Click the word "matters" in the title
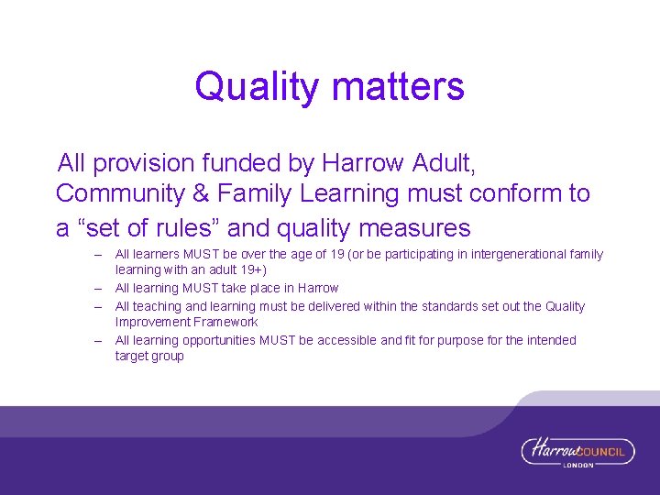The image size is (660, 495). pyautogui.click(x=399, y=87)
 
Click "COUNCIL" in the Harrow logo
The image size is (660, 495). pyautogui.click(x=604, y=450)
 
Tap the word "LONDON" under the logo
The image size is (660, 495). pyautogui.click(x=577, y=465)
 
